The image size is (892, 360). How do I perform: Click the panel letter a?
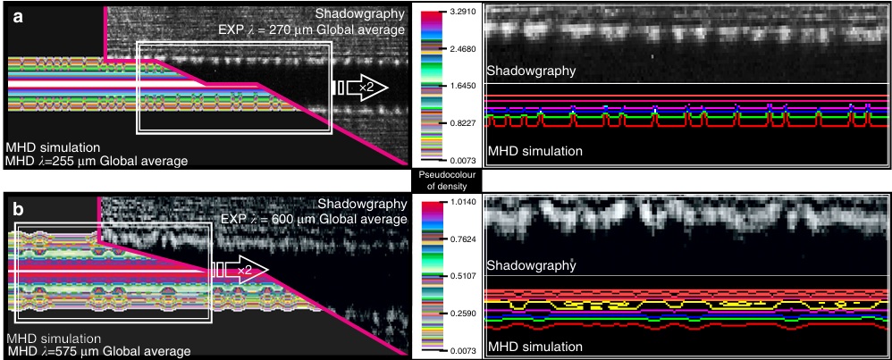pyautogui.click(x=17, y=15)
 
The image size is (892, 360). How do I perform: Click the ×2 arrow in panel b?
pyautogui.click(x=242, y=269)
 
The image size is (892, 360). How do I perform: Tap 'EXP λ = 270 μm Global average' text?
pyautogui.click(x=312, y=29)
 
